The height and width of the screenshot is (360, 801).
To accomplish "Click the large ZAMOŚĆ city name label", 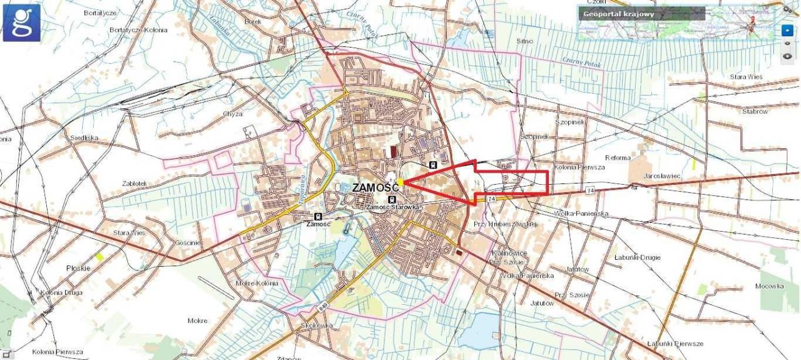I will click(376, 187).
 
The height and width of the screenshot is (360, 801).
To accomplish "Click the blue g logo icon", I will click(22, 23).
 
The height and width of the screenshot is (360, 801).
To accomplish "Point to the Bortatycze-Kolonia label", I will click(138, 29).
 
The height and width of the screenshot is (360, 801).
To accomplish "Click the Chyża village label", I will click(232, 114).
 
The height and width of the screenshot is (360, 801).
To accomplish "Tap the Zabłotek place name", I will click(135, 183).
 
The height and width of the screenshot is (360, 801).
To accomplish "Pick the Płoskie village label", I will click(79, 268).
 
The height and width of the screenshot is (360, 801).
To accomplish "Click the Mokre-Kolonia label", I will click(257, 283).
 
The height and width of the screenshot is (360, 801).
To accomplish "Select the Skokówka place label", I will click(316, 326).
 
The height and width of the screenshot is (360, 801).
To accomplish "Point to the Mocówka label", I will click(769, 286).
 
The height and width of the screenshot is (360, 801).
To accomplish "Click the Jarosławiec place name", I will click(661, 176).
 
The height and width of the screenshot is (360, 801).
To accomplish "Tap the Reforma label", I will click(618, 158).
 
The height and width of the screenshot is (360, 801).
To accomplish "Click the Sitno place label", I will click(525, 41).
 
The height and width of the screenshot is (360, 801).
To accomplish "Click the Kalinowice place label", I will click(510, 252).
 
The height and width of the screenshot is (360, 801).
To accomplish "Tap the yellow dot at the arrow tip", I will click(400, 182).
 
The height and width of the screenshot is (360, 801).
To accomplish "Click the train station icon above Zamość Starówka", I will click(392, 200).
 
